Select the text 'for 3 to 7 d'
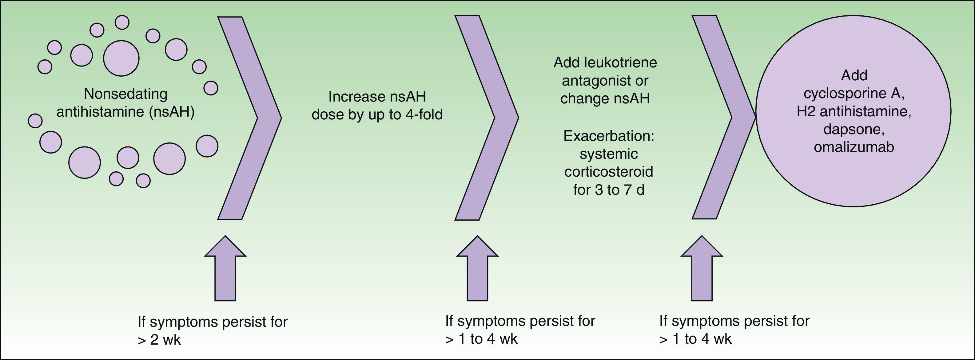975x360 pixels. pos(609,190)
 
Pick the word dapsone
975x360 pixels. pos(854,130)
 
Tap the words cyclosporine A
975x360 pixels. pos(854,94)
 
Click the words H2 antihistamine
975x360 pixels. pos(854,112)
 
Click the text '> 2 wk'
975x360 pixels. pos(159,340)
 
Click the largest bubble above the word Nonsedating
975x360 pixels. pos(121,58)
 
